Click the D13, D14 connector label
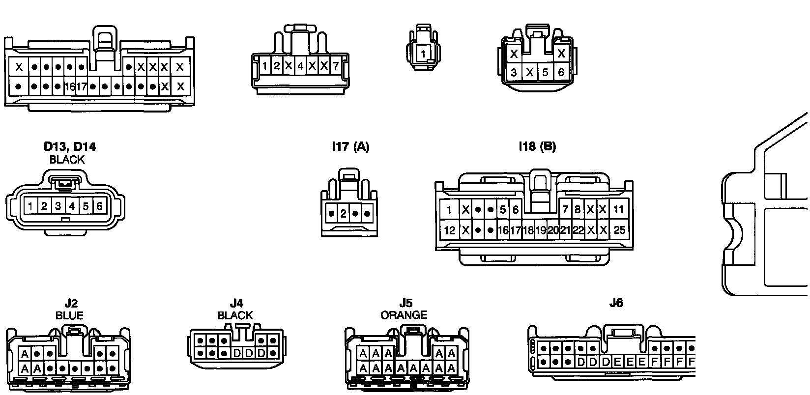(69, 146)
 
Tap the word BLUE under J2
(69, 315)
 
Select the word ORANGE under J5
(404, 315)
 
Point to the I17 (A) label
(350, 146)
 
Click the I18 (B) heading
(537, 146)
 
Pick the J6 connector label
(616, 303)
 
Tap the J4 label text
(236, 304)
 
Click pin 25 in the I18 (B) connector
(619, 230)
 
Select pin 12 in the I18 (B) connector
(449, 230)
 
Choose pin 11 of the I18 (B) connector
(619, 210)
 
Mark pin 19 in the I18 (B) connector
(540, 230)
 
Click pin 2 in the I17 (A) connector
(344, 214)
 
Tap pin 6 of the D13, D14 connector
(99, 206)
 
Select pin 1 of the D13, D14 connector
(30, 206)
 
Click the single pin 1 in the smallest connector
(423, 54)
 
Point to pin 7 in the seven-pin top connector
(336, 65)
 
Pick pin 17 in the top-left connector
(82, 87)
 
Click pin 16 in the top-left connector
(70, 87)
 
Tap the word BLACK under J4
(235, 315)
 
